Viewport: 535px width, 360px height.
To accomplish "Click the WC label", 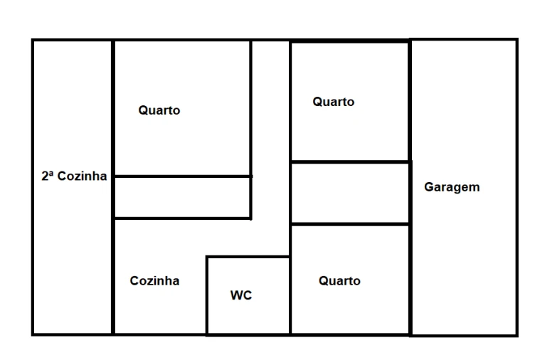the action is tap(241, 295).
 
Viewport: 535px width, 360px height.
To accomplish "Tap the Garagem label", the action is tap(452, 187).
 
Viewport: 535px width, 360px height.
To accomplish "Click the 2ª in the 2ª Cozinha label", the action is tap(48, 176).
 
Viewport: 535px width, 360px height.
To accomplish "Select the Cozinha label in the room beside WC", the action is tap(154, 281).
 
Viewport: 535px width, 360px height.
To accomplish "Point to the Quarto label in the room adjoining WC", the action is tap(339, 281).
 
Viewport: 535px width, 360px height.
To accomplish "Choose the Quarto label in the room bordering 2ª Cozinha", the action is tap(159, 110).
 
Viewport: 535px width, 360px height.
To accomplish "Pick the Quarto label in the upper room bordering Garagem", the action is tap(334, 102).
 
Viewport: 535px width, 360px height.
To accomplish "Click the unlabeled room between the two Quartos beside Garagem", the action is tap(350, 193).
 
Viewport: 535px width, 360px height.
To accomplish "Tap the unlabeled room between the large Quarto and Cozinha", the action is tap(182, 197).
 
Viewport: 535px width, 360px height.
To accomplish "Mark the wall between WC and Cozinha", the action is tap(207, 295).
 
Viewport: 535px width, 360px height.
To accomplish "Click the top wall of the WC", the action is tap(248, 257).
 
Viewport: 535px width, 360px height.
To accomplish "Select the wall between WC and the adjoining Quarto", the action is tap(290, 295).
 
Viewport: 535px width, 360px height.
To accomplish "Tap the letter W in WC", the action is tap(236, 295).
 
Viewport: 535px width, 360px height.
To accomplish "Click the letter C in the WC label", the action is tap(248, 295).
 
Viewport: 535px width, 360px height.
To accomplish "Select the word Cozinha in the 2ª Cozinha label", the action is tap(82, 176).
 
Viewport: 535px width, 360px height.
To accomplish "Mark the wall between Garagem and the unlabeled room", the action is tap(410, 193).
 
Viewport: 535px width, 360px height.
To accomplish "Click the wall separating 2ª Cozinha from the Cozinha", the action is tap(113, 276).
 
